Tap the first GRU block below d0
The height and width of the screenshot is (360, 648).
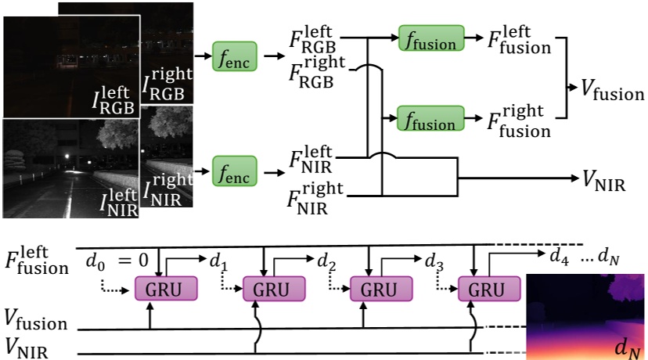pos(166,289)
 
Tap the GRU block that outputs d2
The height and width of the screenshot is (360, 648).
pos(273,289)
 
